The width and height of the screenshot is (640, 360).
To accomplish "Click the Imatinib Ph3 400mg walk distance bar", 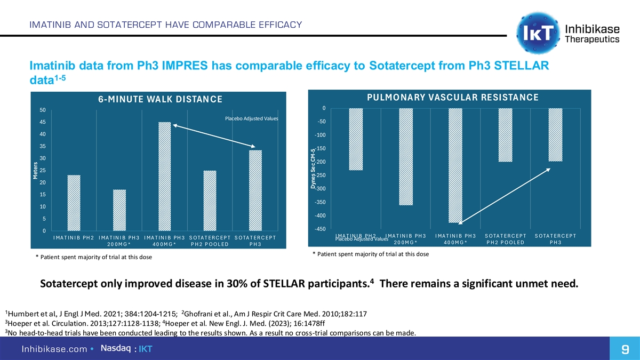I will (x=164, y=177).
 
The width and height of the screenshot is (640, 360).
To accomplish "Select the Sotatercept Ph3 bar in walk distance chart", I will (x=255, y=190).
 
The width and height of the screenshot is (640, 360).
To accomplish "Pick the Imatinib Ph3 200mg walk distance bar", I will (x=119, y=210).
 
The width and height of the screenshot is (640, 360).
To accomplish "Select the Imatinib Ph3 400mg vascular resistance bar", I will (x=455, y=165).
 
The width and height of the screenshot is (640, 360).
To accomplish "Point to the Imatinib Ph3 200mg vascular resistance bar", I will (x=405, y=157).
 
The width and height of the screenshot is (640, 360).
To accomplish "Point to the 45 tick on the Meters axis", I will (x=42, y=122).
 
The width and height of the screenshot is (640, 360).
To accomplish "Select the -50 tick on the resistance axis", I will (x=322, y=122).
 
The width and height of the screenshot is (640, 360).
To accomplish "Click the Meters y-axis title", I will (x=36, y=171).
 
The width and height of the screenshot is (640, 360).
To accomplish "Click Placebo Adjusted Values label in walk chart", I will (x=249, y=118).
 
